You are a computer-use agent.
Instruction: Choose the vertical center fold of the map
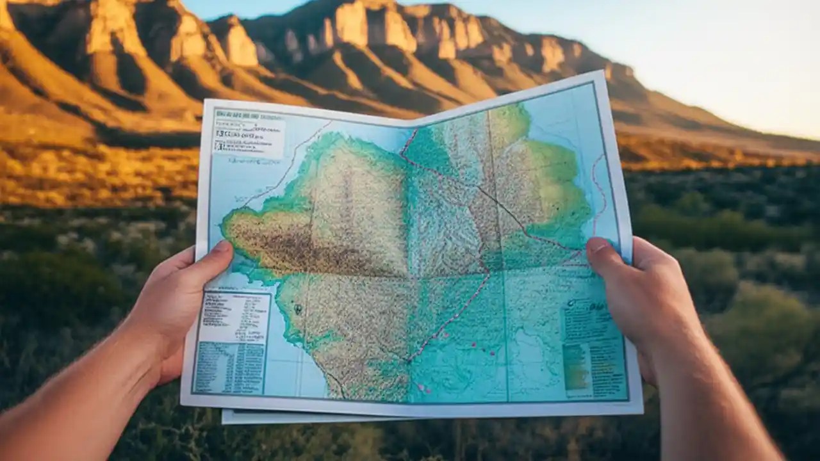(410, 256)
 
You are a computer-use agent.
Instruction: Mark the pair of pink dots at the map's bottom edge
(423, 388)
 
